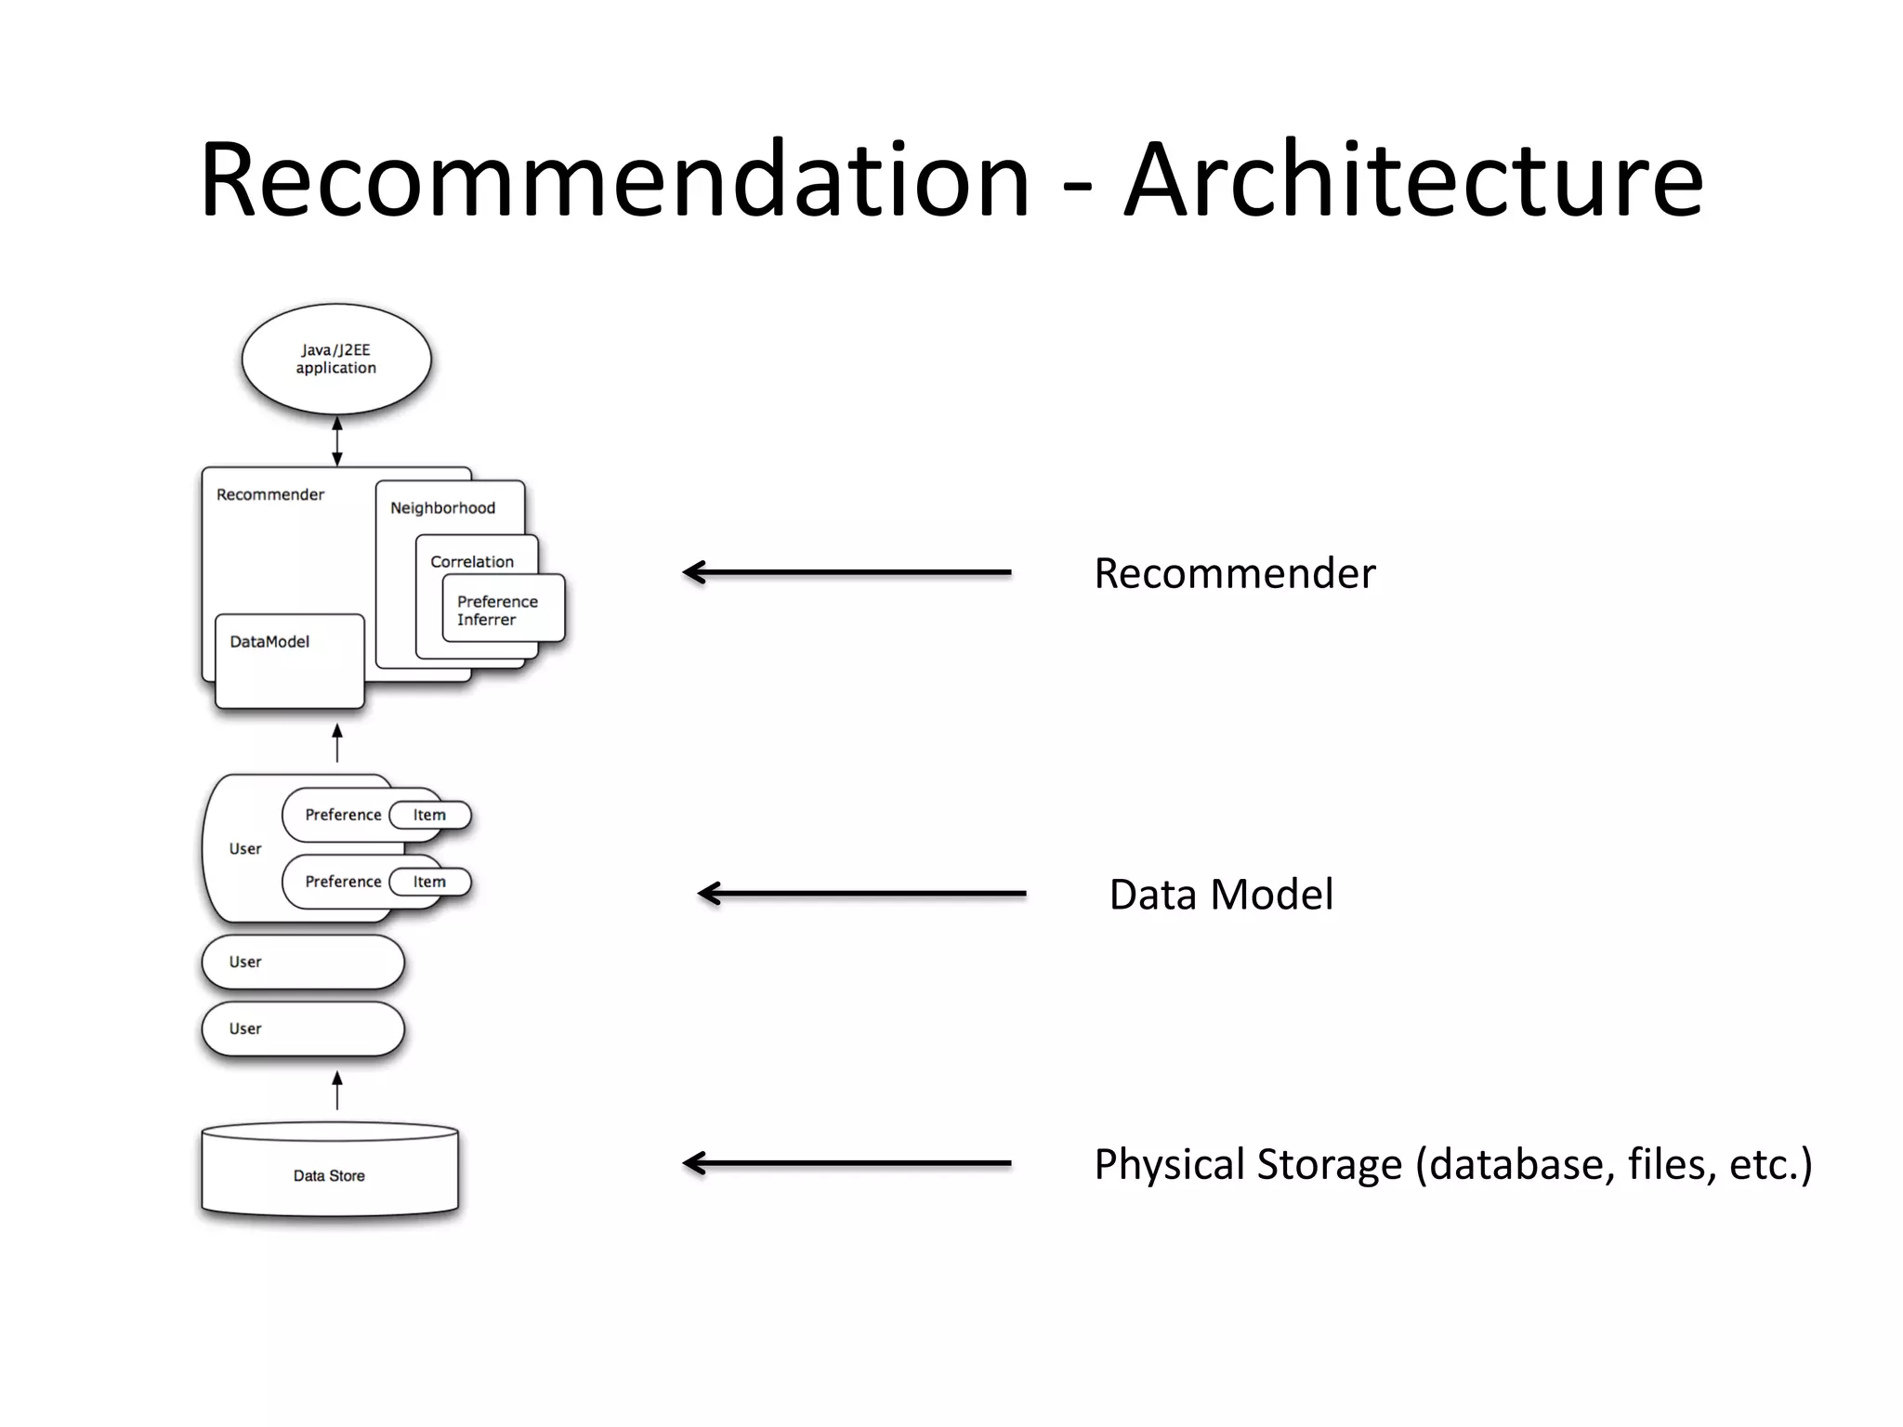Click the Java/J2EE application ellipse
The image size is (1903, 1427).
336,359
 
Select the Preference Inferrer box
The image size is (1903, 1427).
503,609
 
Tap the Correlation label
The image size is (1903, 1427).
472,561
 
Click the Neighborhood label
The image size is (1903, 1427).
442,507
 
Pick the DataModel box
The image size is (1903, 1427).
289,661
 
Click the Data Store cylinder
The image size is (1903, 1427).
330,1174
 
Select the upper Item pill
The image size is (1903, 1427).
429,815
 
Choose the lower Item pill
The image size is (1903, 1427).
429,882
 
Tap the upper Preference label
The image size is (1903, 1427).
343,815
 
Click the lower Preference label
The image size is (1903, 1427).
343,882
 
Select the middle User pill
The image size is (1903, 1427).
303,962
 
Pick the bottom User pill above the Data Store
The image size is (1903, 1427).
303,1028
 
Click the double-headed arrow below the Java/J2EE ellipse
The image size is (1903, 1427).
337,440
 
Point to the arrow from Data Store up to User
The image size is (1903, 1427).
337,1091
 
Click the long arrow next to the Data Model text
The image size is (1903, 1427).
861,894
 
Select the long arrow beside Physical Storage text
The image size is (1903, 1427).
847,1163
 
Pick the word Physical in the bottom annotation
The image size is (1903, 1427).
1168,1164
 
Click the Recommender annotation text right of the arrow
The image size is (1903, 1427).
1234,573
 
